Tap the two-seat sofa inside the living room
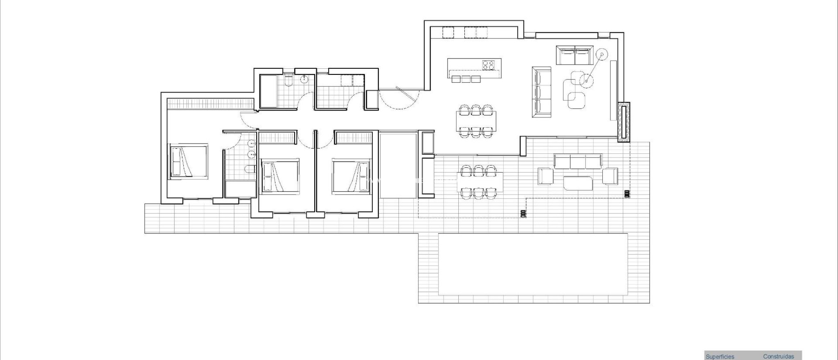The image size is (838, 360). click(x=575, y=55)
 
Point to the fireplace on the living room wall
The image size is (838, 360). click(x=624, y=122)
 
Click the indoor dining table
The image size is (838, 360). click(x=476, y=121)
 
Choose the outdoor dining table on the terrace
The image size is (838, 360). click(x=480, y=182)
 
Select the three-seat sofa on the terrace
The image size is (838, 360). click(x=578, y=161)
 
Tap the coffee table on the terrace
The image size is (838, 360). click(x=578, y=183)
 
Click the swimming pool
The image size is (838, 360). click(x=533, y=264)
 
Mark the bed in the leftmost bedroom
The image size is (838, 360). click(x=188, y=162)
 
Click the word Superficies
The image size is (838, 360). click(x=720, y=357)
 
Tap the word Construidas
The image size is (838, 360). click(x=778, y=357)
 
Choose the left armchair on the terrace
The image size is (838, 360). click(x=546, y=176)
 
